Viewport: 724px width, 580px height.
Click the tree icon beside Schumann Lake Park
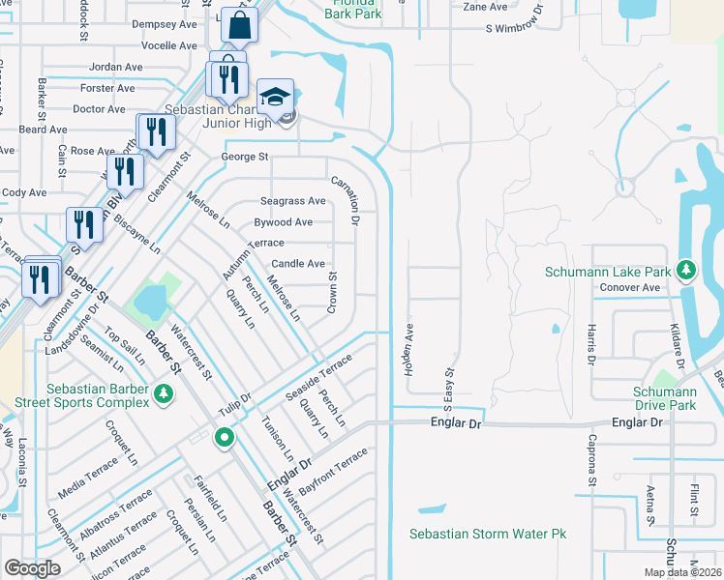click(686, 269)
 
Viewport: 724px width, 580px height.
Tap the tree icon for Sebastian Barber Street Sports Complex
click(164, 393)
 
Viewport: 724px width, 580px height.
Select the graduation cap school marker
click(275, 98)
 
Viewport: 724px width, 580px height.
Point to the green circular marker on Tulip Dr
click(225, 438)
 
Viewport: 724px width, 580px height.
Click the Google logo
click(33, 568)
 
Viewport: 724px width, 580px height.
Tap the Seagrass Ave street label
click(292, 201)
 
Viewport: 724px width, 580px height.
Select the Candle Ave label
click(297, 263)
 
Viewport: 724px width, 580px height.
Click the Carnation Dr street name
click(347, 201)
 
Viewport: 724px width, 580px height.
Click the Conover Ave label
click(630, 287)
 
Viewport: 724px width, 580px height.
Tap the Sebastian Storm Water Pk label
click(487, 534)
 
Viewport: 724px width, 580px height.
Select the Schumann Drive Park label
click(665, 398)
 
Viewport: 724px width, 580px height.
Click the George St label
click(244, 157)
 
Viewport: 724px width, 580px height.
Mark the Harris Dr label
click(588, 345)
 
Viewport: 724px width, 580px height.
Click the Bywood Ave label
click(283, 222)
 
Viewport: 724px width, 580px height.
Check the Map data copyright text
click(683, 571)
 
